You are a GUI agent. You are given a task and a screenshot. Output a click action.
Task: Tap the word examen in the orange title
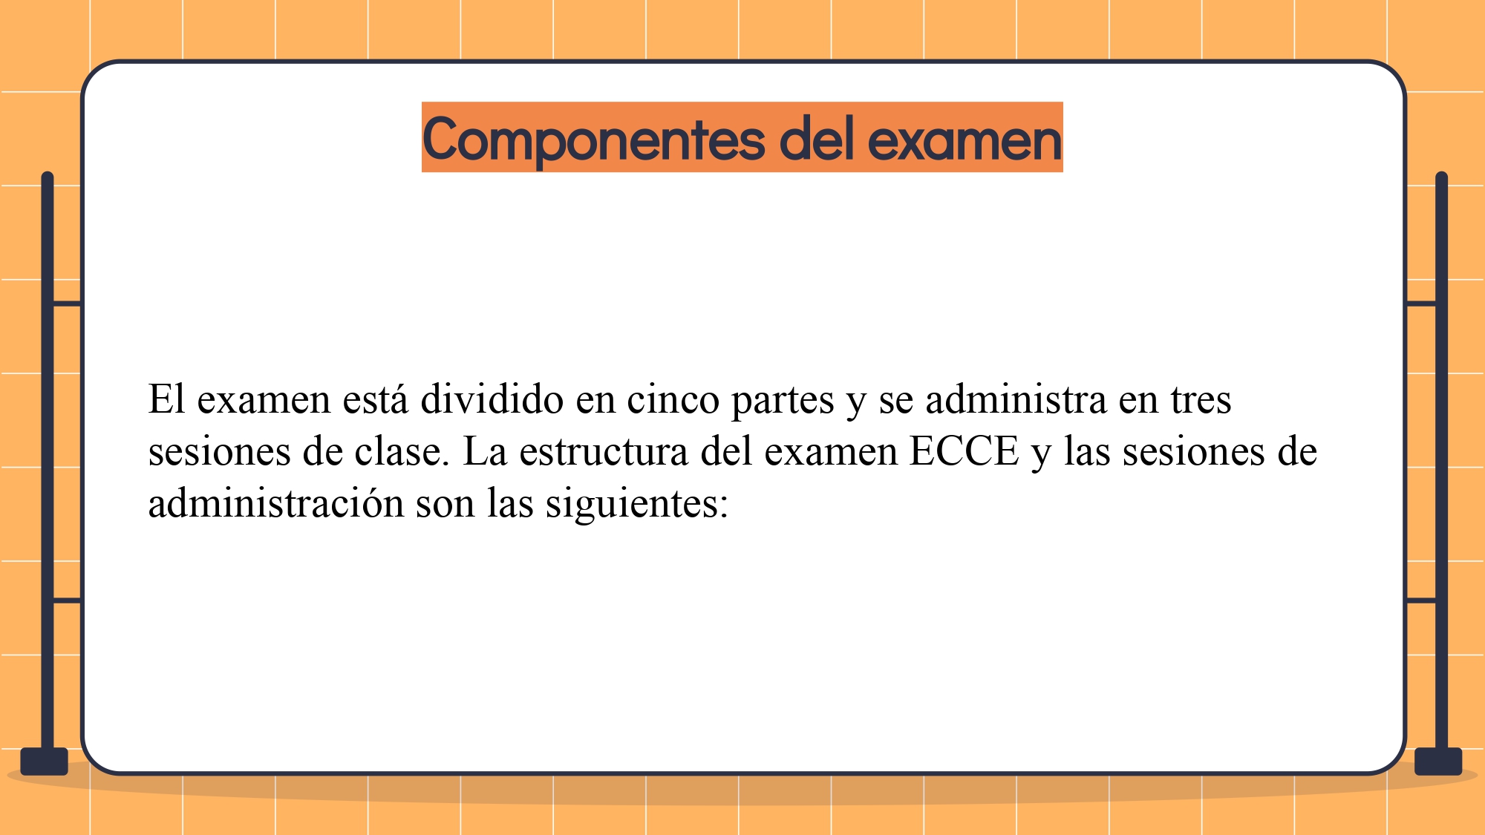coord(965,140)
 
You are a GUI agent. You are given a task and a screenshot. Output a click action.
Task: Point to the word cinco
coord(673,399)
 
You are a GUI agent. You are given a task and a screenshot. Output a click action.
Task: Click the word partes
coord(783,401)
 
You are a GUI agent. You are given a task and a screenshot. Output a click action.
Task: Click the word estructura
coord(604,451)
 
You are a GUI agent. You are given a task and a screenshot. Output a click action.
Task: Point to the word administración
coord(275,502)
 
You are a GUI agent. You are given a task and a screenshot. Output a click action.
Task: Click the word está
coord(376,399)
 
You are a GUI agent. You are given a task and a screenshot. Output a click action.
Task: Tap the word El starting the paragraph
coord(166,399)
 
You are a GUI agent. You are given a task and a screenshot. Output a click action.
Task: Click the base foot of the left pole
coord(45,762)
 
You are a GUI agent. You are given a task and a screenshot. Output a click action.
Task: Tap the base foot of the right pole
coord(1438,762)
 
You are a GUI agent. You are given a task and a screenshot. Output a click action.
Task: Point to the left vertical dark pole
coord(48,460)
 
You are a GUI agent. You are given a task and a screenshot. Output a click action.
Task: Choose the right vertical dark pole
coord(1442,460)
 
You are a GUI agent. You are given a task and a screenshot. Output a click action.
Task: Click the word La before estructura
coord(485,451)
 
